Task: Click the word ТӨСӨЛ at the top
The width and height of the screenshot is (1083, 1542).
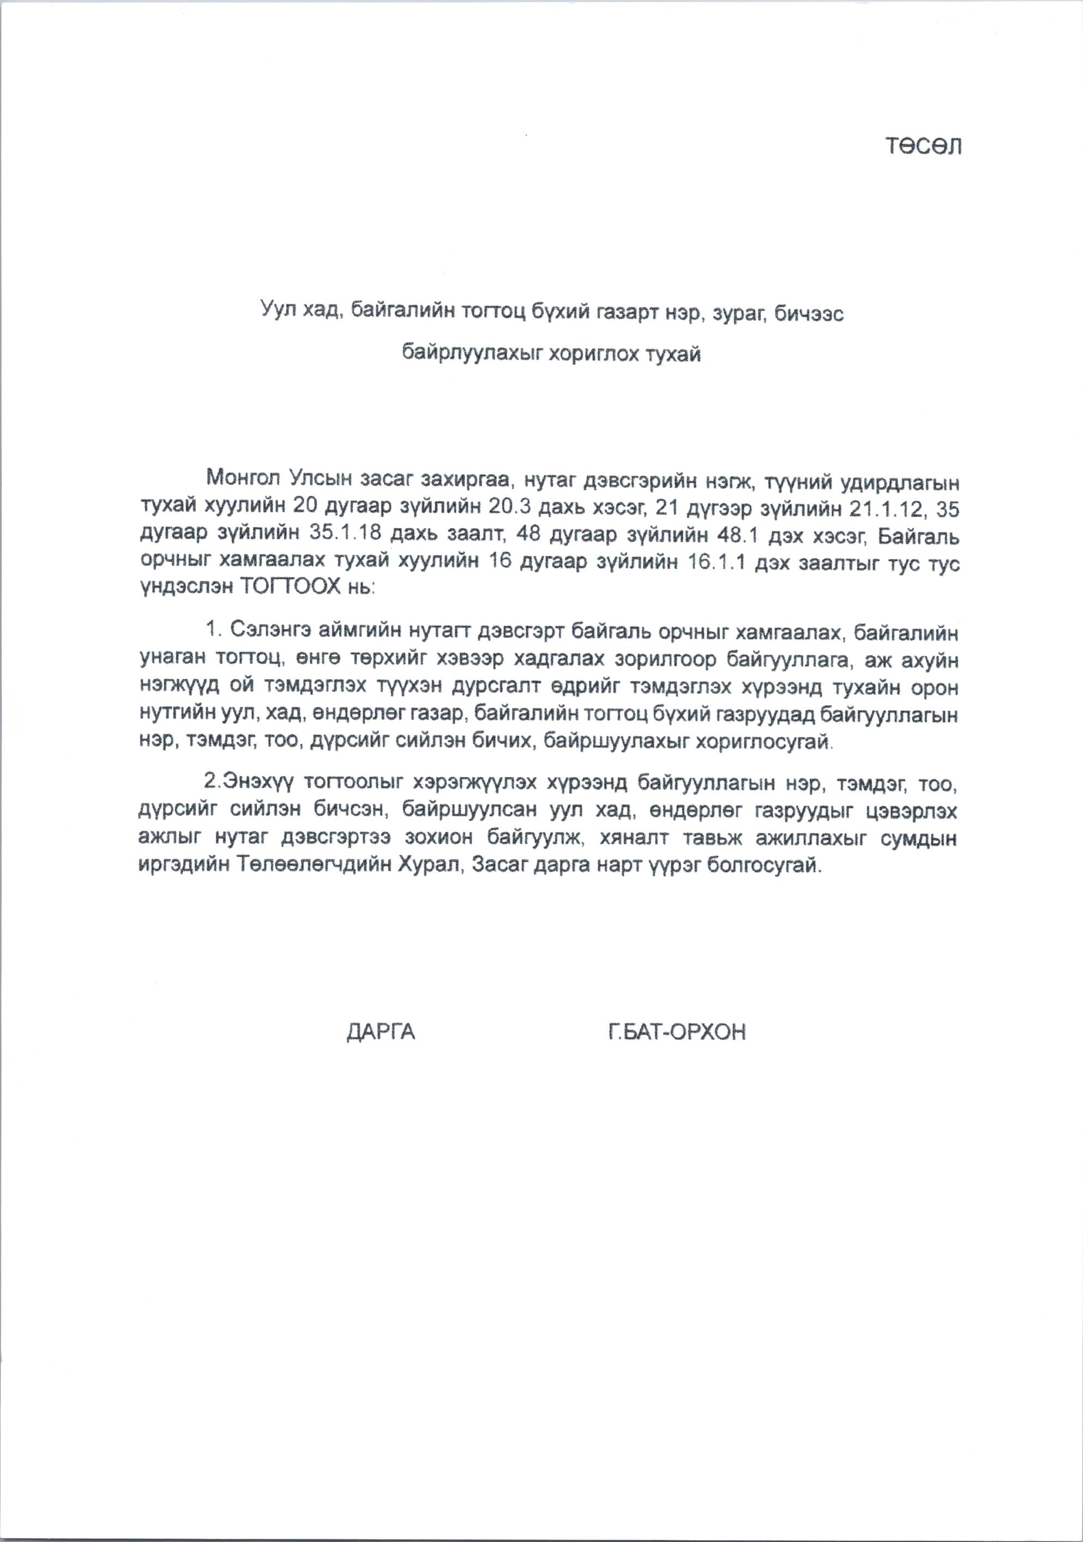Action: pos(924,146)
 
